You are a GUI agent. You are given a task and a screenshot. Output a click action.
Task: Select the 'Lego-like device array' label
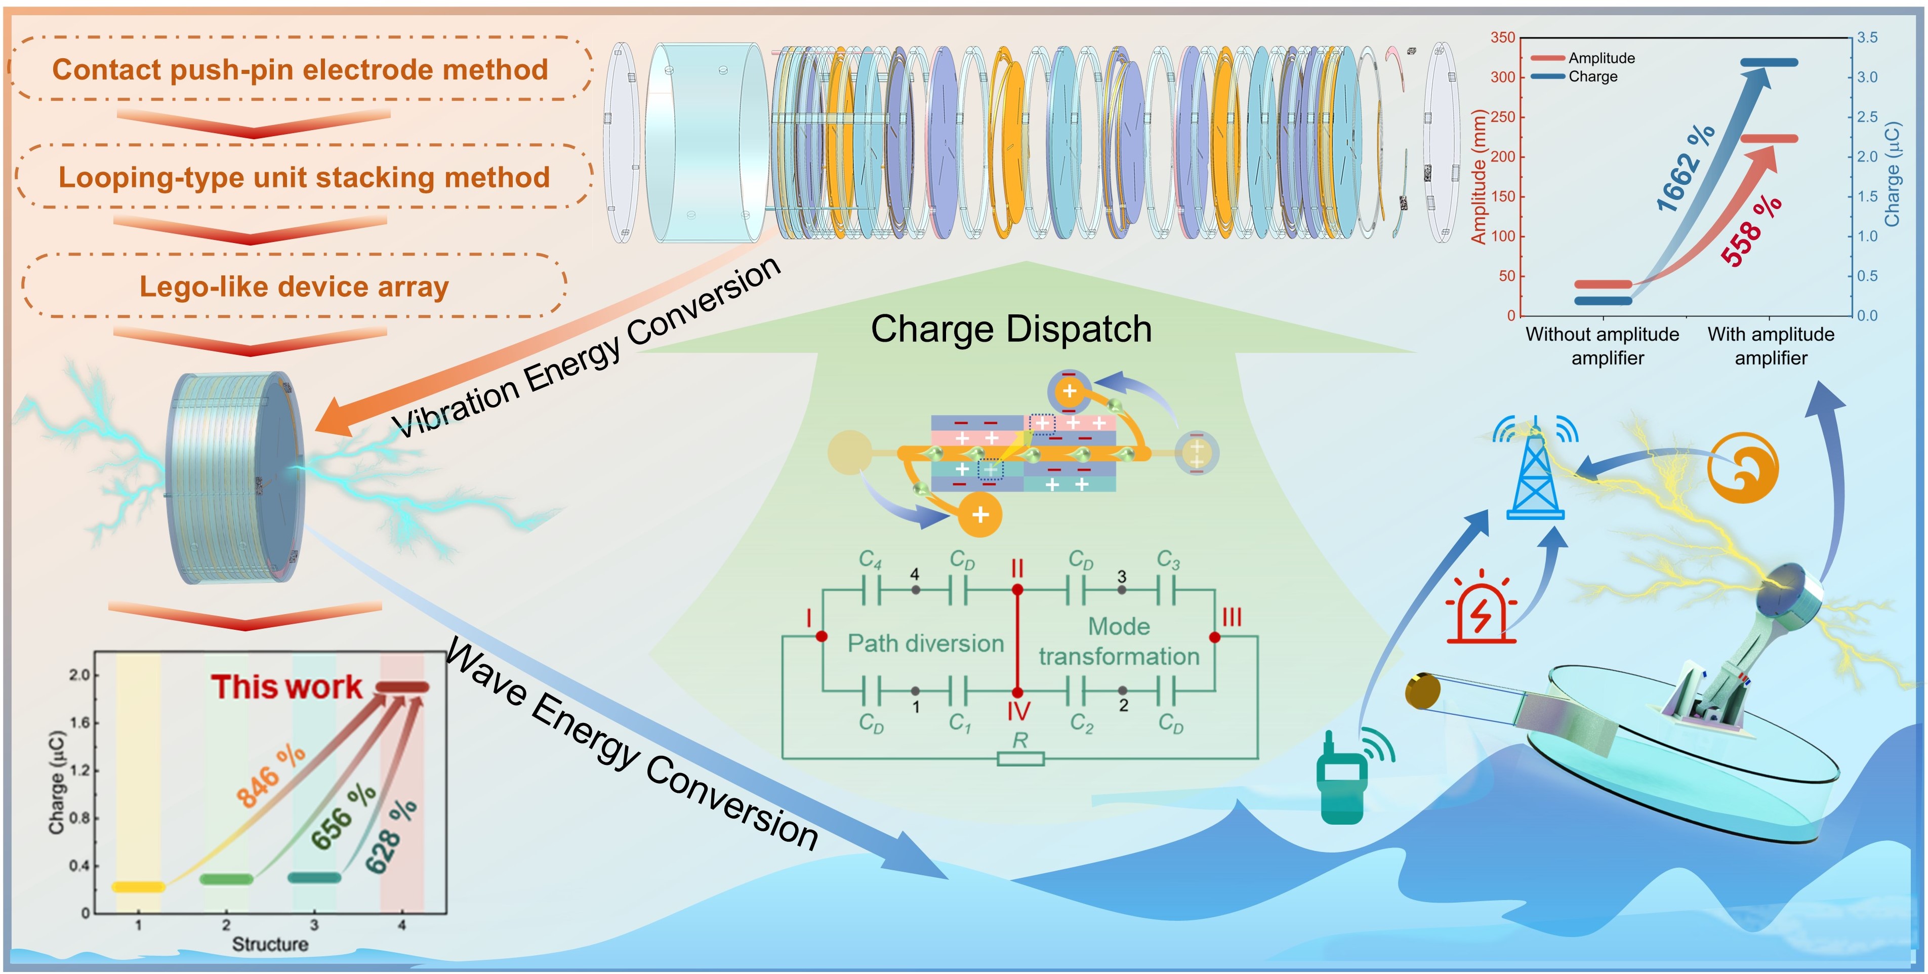(x=294, y=287)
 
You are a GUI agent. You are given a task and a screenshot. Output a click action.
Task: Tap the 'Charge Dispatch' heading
(x=1010, y=330)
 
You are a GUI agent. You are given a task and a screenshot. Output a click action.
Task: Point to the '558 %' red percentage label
(x=1751, y=230)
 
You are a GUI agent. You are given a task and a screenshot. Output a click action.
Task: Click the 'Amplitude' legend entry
(x=1601, y=58)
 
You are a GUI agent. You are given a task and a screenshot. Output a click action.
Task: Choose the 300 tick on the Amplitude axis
(x=1502, y=77)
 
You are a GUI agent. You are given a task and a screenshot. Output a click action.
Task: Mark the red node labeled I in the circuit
(x=821, y=636)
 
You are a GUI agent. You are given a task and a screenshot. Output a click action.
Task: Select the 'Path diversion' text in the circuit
(x=925, y=643)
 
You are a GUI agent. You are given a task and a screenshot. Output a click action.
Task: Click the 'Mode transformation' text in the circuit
(x=1119, y=641)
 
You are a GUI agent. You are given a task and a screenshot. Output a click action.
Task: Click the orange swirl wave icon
(x=1742, y=467)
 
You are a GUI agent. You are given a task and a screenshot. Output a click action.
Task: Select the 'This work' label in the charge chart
(x=286, y=686)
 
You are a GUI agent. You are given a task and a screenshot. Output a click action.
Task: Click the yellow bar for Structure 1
(x=139, y=887)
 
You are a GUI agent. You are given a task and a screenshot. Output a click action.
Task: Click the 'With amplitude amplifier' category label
(x=1771, y=346)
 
